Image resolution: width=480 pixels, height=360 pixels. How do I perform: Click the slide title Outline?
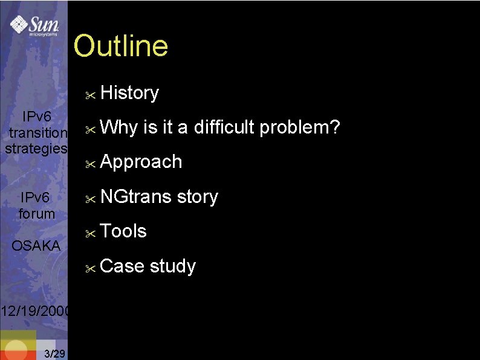click(121, 47)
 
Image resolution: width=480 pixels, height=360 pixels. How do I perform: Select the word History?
click(130, 93)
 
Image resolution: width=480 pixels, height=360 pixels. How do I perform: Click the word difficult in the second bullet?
click(224, 127)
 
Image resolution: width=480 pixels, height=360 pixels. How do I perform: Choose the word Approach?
click(141, 162)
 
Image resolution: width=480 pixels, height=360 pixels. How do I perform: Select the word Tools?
click(124, 231)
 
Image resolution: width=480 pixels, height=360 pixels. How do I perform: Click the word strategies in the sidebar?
click(36, 149)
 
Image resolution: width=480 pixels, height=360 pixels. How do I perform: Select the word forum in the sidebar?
click(37, 214)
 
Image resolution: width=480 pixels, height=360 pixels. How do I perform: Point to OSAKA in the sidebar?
click(36, 246)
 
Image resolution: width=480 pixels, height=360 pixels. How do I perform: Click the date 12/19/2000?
click(34, 312)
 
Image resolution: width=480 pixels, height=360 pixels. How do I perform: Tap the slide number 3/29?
click(55, 353)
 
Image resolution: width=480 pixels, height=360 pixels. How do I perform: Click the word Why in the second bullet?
click(120, 128)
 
